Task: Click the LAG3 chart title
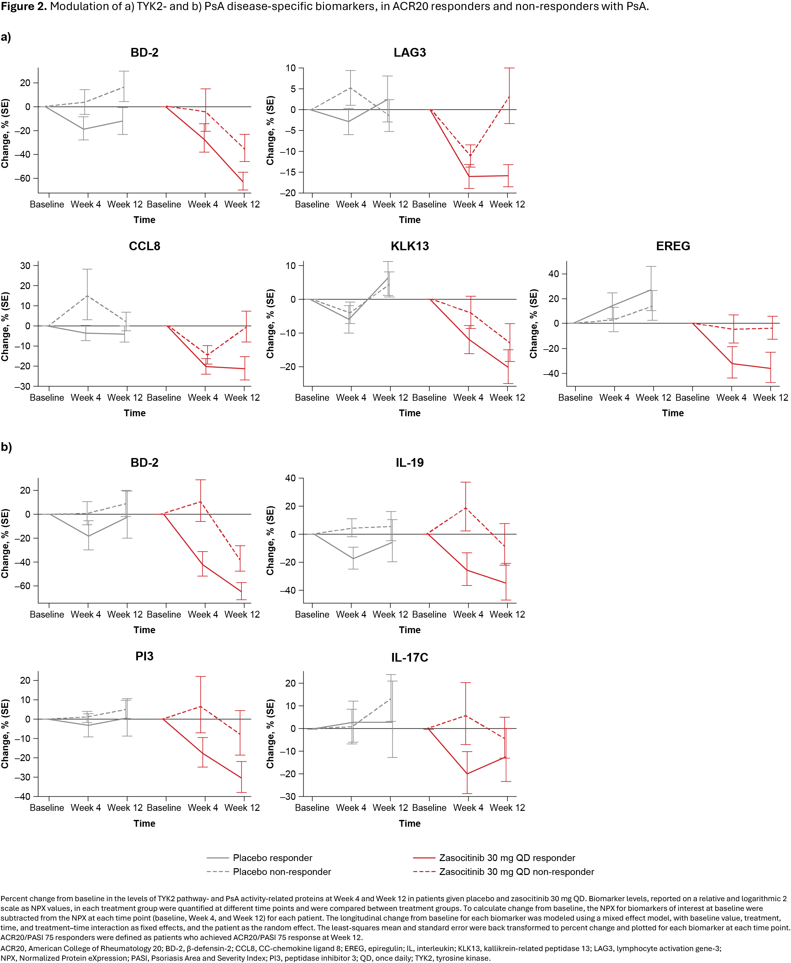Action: click(410, 52)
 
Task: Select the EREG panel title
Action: click(673, 246)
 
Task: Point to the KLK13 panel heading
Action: click(410, 246)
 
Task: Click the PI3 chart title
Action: click(144, 656)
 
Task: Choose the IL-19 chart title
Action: click(410, 463)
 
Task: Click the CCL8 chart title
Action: click(144, 246)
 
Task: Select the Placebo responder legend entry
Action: click(272, 858)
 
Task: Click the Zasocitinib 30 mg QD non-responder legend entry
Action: click(516, 872)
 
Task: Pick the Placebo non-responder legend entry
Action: click(282, 872)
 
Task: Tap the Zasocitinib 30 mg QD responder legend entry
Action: click(507, 858)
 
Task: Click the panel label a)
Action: click(6, 37)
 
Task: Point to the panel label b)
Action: click(6, 447)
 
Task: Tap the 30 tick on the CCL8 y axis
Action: click(25, 266)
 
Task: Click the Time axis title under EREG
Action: click(673, 413)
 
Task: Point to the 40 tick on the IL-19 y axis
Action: click(290, 478)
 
